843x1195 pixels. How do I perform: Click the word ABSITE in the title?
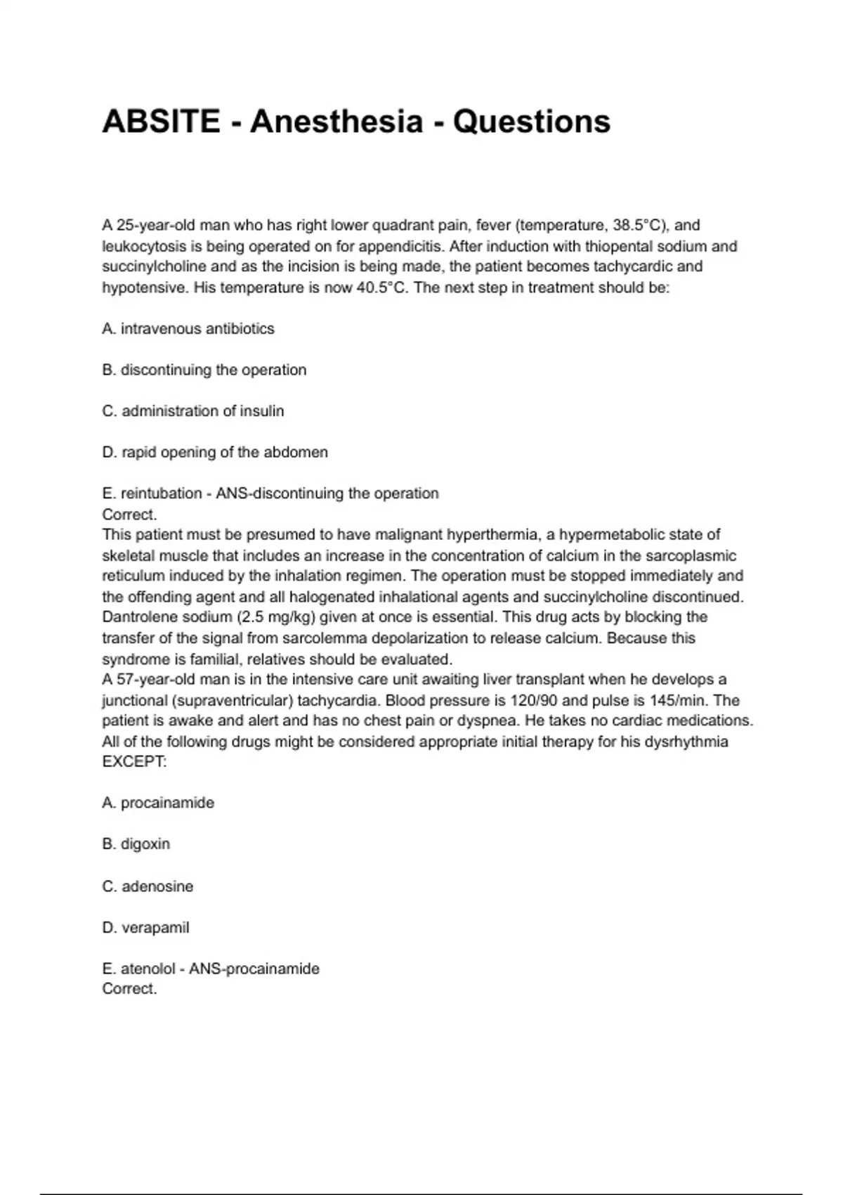(161, 122)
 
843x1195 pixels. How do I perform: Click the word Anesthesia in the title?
(336, 122)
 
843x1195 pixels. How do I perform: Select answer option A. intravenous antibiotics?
(188, 328)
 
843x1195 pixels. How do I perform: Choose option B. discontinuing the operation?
(204, 370)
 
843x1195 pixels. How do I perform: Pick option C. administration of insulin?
(193, 411)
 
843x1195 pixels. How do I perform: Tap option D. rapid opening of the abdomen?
(215, 452)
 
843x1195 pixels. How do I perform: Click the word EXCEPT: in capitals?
(135, 762)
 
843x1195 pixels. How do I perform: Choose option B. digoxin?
(136, 844)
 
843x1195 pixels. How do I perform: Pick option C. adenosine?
(148, 886)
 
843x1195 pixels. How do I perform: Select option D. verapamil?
(146, 928)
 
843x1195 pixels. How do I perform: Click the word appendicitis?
(401, 247)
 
